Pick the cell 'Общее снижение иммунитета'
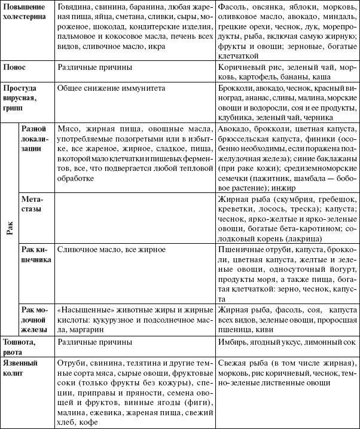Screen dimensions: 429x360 pos(106,87)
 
